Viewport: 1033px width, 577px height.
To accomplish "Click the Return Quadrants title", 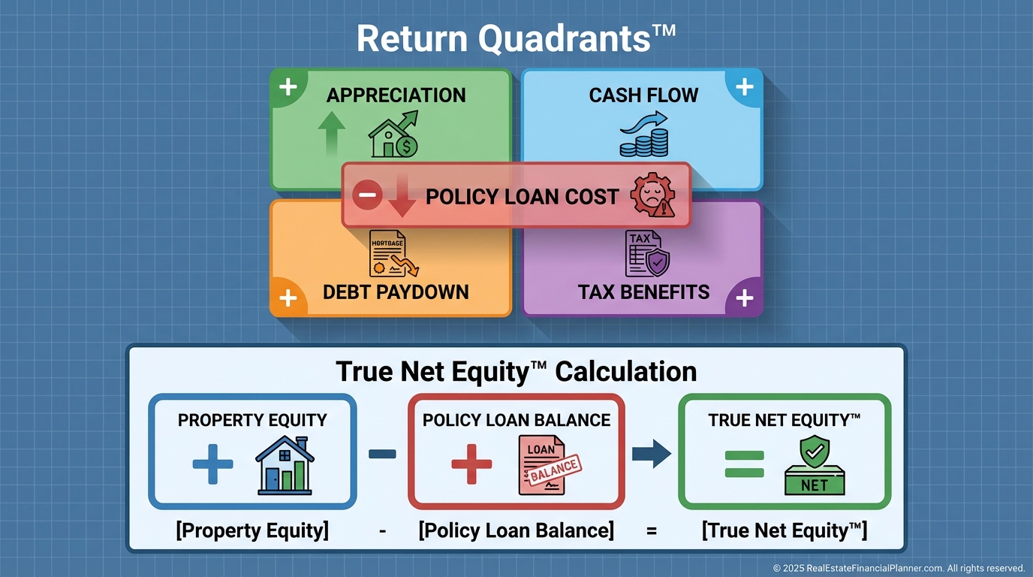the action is (516, 39).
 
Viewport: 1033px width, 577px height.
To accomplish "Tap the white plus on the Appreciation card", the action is (288, 87).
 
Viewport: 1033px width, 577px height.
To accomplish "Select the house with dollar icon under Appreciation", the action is (393, 134).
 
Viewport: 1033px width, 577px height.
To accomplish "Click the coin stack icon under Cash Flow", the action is (644, 134).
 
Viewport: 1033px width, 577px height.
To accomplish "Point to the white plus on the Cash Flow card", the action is (744, 87).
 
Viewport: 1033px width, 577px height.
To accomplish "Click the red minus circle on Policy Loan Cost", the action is (367, 195).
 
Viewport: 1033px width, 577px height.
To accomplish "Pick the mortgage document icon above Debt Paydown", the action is (393, 253).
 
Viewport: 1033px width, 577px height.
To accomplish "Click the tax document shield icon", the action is (647, 253).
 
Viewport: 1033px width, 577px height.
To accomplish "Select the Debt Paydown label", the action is (396, 292).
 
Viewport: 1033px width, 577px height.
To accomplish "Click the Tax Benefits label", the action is (644, 292).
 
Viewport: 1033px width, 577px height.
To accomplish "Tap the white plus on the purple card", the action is (744, 298).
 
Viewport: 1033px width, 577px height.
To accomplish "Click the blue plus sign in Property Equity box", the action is (212, 464).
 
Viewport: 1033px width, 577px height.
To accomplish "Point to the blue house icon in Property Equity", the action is (285, 465).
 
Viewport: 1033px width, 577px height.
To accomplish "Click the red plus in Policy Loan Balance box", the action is (471, 464).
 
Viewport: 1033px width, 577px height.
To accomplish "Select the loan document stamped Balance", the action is (549, 465).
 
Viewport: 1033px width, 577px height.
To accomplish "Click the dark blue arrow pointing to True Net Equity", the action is (651, 454).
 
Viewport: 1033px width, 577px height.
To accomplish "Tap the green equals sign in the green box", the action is (744, 464).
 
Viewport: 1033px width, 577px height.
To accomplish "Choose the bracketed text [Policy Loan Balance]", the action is (516, 530).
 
